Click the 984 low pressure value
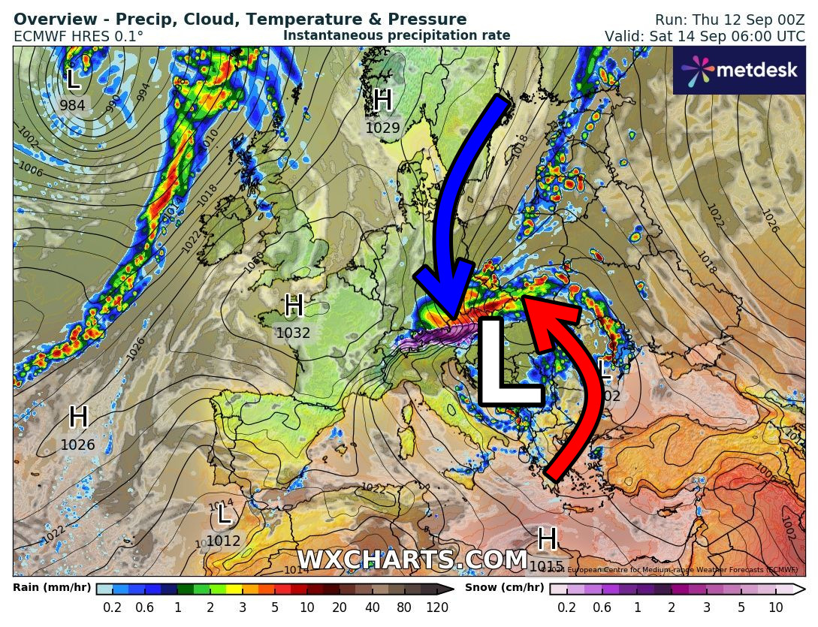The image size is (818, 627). coord(72,106)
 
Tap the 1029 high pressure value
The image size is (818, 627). coord(382,128)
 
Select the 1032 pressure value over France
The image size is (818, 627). coord(293,333)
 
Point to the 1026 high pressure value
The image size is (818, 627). coord(77,445)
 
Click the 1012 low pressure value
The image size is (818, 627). coord(223,541)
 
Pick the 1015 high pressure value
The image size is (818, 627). coord(546,565)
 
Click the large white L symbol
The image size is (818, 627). coord(507,362)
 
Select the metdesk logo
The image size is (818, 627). coord(738,70)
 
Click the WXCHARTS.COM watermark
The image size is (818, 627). coord(412,560)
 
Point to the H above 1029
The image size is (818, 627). coord(382,100)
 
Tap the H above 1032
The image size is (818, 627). coord(293,306)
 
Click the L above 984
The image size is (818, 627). coord(72,79)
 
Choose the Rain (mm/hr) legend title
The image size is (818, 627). coord(52,587)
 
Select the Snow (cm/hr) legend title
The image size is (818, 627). coord(504,587)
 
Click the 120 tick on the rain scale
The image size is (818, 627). coord(437,607)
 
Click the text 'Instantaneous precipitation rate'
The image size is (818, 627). coord(397,35)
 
